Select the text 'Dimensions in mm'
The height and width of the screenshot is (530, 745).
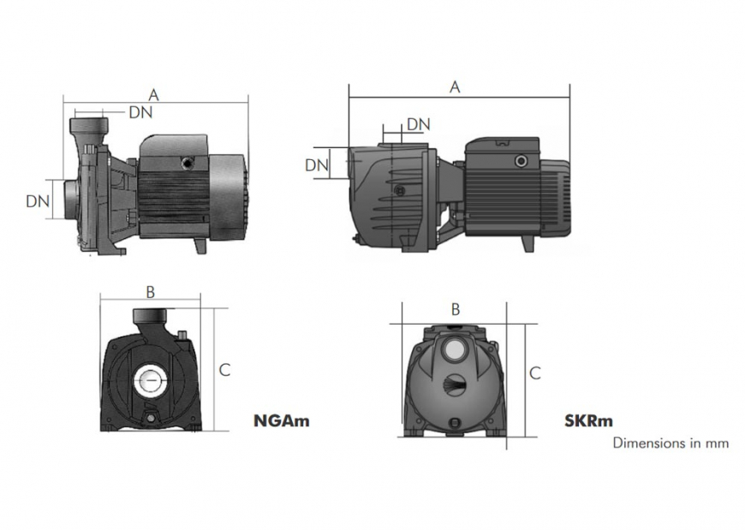pos(670,443)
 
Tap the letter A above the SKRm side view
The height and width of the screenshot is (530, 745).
pos(456,86)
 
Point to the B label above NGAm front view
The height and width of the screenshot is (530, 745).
pos(150,292)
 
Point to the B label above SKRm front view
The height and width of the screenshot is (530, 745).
pos(456,308)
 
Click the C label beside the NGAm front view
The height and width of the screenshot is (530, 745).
pos(224,370)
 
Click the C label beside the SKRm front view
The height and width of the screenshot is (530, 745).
pos(534,373)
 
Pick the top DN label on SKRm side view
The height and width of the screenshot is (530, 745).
pos(418,124)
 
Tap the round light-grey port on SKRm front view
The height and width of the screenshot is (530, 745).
pos(454,349)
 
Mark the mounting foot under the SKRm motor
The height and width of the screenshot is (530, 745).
pos(528,242)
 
